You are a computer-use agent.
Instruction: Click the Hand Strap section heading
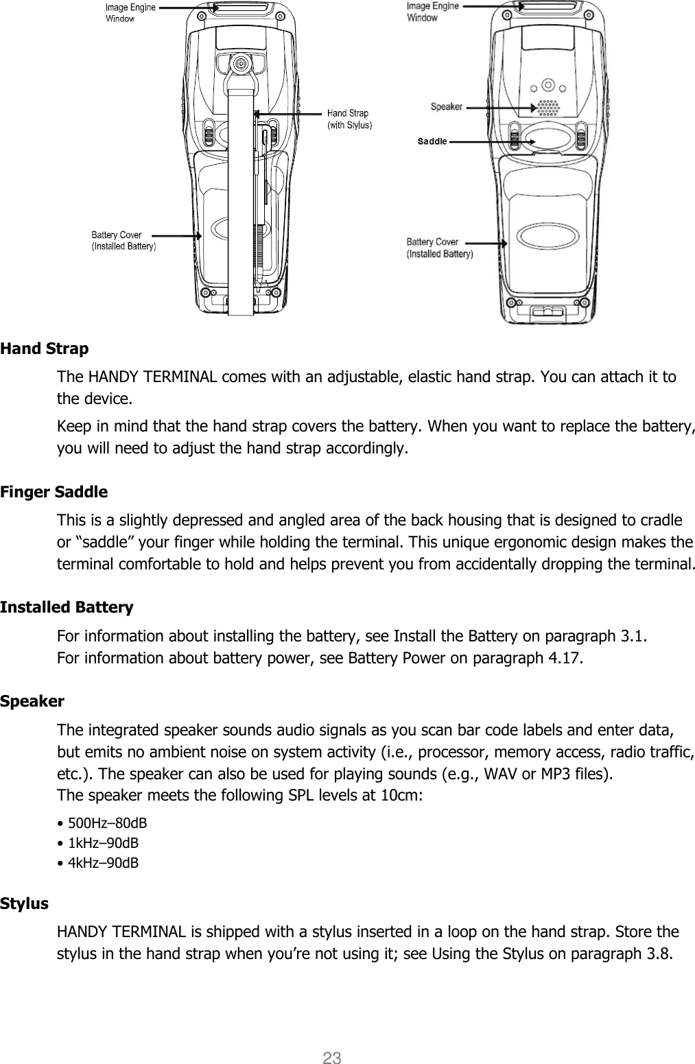pyautogui.click(x=45, y=348)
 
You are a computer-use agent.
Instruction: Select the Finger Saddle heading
pyautogui.click(x=54, y=492)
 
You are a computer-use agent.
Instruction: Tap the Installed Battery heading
pyautogui.click(x=67, y=607)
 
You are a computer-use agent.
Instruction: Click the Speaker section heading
pyautogui.click(x=32, y=701)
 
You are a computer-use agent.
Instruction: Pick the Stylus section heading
pyautogui.click(x=25, y=903)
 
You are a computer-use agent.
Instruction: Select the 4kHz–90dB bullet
pyautogui.click(x=98, y=862)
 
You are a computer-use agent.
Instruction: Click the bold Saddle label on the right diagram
pyautogui.click(x=432, y=141)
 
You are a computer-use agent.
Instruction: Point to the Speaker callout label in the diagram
pyautogui.click(x=447, y=106)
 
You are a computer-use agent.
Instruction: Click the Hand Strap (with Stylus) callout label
pyautogui.click(x=349, y=119)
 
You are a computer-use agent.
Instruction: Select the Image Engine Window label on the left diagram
pyautogui.click(x=130, y=13)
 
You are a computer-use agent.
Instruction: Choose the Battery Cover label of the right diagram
pyautogui.click(x=440, y=248)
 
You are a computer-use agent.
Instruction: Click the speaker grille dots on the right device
pyautogui.click(x=547, y=109)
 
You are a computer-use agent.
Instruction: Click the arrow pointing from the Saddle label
pyautogui.click(x=491, y=141)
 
